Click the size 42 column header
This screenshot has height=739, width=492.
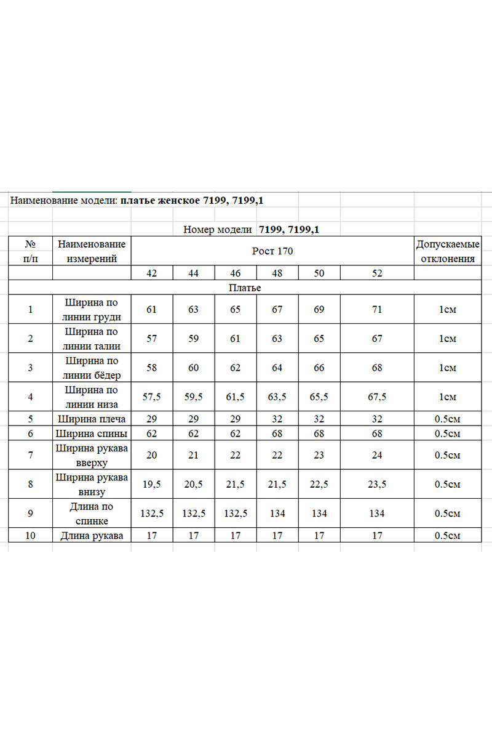(152, 273)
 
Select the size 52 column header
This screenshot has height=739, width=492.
(377, 273)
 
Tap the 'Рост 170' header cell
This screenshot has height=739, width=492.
(272, 251)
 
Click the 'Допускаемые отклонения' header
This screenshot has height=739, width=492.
(447, 251)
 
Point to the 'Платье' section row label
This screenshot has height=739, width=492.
(245, 288)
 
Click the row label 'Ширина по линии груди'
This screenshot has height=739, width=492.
(92, 310)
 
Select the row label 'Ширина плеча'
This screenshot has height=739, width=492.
(92, 419)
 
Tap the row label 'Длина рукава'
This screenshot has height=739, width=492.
(92, 536)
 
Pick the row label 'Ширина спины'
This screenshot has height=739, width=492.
(92, 434)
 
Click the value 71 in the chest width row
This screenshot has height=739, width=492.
(377, 310)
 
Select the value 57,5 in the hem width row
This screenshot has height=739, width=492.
(152, 397)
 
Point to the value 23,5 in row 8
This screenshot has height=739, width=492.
(377, 485)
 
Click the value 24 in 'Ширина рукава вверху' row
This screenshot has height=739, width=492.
(377, 456)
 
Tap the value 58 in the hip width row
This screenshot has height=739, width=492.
(152, 368)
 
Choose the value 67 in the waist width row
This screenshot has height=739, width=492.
(377, 339)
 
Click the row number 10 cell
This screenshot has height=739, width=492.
(30, 536)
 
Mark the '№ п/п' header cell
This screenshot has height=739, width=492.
(30, 251)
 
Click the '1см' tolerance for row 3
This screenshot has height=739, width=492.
(447, 368)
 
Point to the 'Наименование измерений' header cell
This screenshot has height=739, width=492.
(92, 251)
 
